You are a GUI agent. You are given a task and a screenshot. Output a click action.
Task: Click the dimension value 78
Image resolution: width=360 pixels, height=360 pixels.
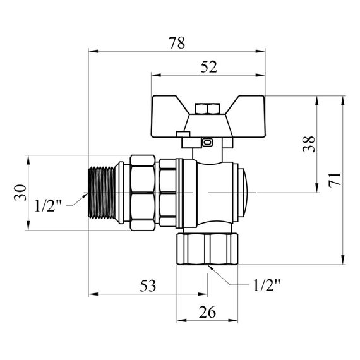click(x=177, y=43)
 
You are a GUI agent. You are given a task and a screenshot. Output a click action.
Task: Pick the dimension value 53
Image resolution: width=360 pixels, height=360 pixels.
click(x=147, y=286)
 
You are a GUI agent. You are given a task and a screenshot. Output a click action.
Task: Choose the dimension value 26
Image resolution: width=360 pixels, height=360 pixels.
click(x=207, y=312)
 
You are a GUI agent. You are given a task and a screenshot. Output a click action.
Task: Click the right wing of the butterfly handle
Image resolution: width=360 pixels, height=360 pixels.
click(x=240, y=111)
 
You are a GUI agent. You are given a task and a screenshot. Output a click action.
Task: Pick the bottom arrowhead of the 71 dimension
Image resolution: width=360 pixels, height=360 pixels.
click(x=343, y=260)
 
